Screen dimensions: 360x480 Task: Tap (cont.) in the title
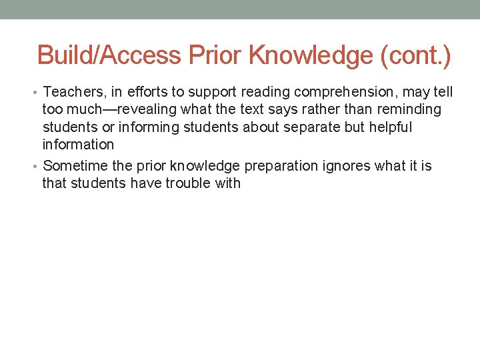click(415, 55)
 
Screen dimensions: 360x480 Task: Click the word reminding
click(410, 109)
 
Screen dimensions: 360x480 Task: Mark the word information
click(78, 145)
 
